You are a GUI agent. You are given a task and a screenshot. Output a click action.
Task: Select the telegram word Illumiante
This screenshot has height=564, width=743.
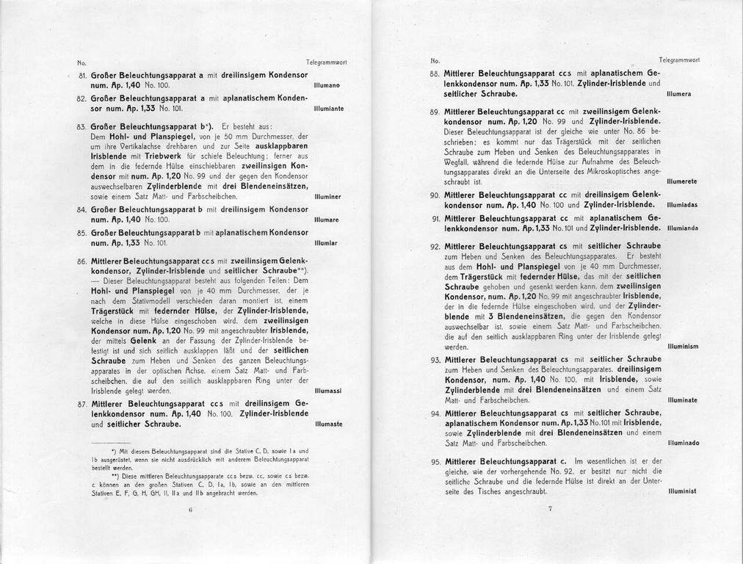[x=328, y=108]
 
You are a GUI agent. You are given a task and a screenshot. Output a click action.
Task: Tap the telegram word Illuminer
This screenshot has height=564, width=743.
[x=327, y=197]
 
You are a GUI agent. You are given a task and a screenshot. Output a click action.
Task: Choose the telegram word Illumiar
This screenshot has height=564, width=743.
[x=325, y=242]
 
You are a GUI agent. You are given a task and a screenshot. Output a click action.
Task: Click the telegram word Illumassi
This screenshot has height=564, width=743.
[x=327, y=391]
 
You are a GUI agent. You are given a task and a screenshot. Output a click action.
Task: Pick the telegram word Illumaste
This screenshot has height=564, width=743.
[x=327, y=424]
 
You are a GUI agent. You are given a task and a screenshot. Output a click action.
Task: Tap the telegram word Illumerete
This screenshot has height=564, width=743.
[x=682, y=181]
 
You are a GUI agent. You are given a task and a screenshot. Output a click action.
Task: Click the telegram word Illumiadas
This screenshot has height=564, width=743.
[x=682, y=204]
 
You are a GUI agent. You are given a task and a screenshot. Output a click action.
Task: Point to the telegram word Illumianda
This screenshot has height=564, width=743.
[x=682, y=228]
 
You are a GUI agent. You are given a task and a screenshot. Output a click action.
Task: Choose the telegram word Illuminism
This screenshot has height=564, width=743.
[x=683, y=345]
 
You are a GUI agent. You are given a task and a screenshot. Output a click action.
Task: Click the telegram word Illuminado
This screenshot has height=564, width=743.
[x=683, y=444]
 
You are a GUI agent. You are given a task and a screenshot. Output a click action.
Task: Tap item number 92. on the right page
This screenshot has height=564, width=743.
[x=435, y=246]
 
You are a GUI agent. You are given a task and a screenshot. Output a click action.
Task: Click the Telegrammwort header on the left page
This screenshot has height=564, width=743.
[x=326, y=63]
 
